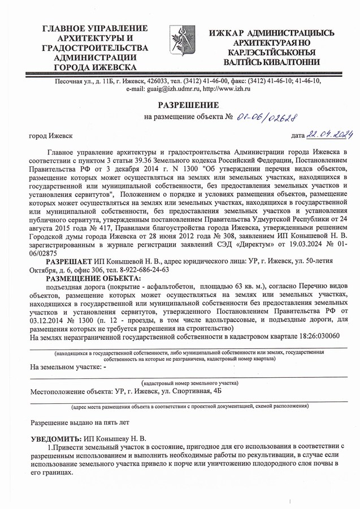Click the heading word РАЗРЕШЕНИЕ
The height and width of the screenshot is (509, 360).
pos(180,105)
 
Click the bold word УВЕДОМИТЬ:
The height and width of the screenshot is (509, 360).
pos(55,439)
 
